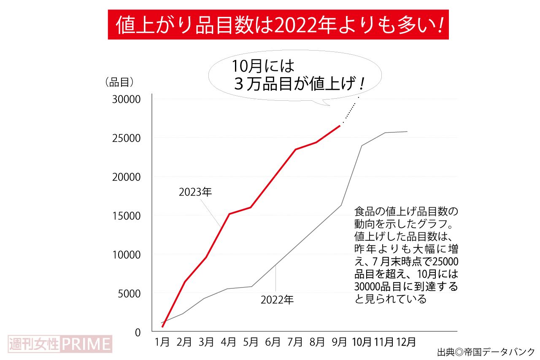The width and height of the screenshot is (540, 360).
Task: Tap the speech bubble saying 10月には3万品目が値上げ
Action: point(295,76)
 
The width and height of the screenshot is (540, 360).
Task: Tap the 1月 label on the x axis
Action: point(162,341)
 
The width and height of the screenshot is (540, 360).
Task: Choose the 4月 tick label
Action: point(229,341)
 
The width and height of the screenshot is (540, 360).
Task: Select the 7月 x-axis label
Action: point(295,341)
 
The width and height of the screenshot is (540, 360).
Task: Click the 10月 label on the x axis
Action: point(362,341)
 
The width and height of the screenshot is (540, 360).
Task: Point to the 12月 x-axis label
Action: point(406,341)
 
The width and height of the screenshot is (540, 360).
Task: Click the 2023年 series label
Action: point(195,192)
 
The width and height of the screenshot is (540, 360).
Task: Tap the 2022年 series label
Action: point(277,300)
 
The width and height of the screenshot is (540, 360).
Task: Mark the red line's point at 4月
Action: point(229,214)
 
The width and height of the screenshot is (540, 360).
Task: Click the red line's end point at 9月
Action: point(340,126)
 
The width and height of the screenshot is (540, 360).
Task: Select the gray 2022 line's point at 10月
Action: point(362,146)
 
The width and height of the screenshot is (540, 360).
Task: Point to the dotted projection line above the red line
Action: point(351,110)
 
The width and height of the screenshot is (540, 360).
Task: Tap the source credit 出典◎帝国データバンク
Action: point(486,352)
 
